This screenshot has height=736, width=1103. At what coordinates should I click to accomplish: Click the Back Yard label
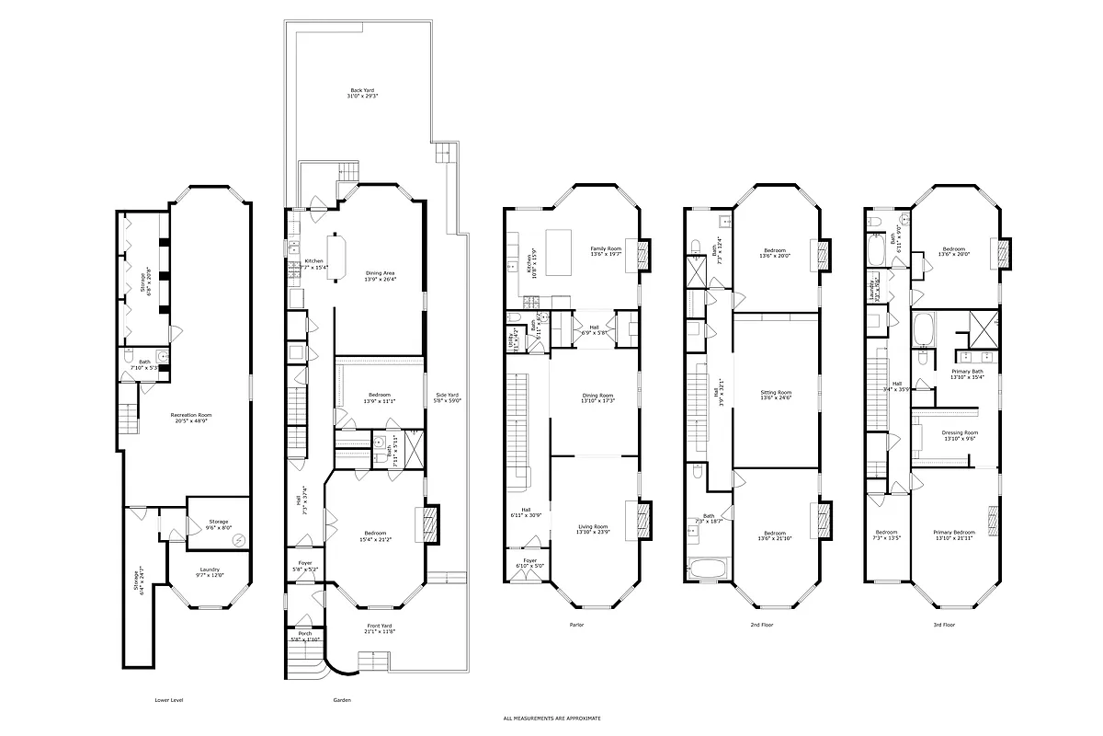tap(361, 93)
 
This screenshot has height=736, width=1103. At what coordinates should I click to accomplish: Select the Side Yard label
tap(448, 398)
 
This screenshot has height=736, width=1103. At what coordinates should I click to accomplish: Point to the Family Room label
tap(606, 251)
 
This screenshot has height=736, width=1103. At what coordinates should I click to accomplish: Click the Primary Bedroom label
tap(954, 535)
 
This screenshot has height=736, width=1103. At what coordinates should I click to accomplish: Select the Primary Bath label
tap(967, 374)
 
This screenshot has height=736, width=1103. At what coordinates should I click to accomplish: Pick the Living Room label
tap(594, 529)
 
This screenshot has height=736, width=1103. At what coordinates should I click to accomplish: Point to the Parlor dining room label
tap(597, 398)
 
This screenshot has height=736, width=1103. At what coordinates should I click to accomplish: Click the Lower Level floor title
tap(169, 700)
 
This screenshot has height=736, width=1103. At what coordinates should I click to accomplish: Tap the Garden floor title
tap(341, 700)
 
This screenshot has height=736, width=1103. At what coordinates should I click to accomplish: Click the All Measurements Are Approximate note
tap(551, 718)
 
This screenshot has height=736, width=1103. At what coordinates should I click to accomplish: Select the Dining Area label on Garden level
tap(380, 275)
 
